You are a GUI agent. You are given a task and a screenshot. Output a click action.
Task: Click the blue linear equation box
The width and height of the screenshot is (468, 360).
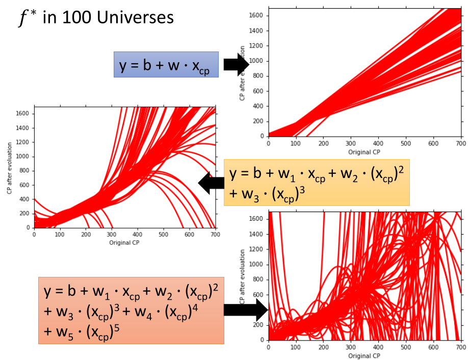click(x=166, y=64)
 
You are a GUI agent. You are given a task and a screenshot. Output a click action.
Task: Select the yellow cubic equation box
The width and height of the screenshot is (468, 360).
click(x=316, y=182)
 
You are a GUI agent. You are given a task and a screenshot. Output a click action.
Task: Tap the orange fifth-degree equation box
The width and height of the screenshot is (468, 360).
click(x=131, y=310)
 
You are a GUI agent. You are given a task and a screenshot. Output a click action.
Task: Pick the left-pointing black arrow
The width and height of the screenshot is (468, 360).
click(x=211, y=183)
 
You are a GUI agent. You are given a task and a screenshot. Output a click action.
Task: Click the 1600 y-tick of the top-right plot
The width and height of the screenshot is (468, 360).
click(x=257, y=15)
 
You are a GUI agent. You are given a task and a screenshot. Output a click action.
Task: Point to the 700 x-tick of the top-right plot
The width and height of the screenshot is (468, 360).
click(x=461, y=143)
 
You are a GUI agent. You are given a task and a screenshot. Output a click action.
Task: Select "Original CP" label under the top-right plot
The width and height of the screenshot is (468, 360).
click(x=365, y=152)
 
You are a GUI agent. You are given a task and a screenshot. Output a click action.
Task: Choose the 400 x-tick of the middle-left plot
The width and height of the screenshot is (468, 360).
click(x=137, y=235)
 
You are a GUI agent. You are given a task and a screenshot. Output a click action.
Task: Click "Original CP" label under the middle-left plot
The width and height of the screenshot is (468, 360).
click(x=124, y=243)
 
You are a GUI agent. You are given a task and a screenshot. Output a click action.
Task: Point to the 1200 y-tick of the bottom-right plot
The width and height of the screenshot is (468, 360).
click(x=257, y=249)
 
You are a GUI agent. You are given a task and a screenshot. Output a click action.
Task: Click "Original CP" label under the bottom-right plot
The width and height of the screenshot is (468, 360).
click(x=365, y=356)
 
